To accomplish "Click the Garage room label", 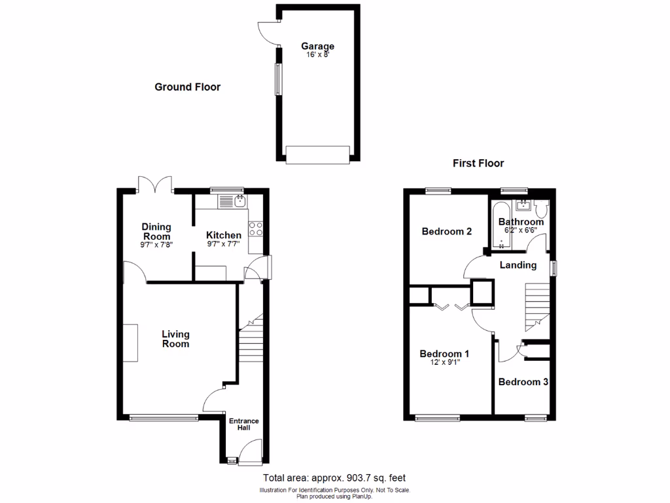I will tap(317, 47).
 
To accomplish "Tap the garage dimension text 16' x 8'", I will tap(317, 55).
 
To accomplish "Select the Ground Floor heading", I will tap(187, 87).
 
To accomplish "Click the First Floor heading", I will tap(478, 164).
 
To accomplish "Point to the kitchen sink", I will tap(234, 200).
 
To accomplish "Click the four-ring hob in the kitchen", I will tap(256, 229).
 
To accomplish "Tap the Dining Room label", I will tap(156, 232).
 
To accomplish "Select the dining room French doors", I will tap(155, 185).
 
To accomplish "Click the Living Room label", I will tap(176, 339).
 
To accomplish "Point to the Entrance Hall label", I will tap(243, 424).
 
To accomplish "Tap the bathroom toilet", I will tap(540, 208).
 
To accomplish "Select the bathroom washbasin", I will tap(522, 206).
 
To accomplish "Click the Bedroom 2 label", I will tap(447, 231).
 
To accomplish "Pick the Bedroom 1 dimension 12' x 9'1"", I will tap(444, 362).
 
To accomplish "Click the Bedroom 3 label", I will tap(523, 382).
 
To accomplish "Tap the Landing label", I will tap(518, 265).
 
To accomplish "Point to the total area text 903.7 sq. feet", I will tap(338, 478).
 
